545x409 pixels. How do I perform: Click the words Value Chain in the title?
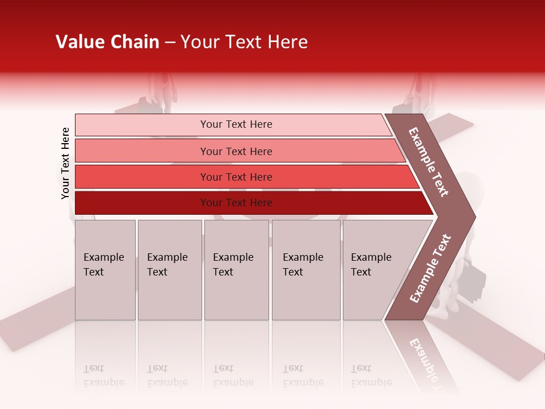click(107, 42)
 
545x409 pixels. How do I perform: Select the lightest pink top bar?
click(142, 124)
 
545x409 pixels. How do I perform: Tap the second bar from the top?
click(142, 151)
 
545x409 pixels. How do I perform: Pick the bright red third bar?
click(142, 177)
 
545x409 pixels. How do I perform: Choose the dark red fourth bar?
click(142, 203)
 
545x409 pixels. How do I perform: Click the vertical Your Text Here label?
click(65, 163)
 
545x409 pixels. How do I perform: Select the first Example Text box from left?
click(105, 270)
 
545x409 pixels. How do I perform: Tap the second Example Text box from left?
click(169, 270)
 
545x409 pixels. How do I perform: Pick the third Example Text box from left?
click(236, 270)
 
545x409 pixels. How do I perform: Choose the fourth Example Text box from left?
click(306, 270)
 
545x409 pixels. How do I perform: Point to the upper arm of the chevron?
click(429, 162)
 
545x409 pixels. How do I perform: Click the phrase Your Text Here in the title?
click(244, 42)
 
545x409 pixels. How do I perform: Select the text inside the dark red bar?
click(236, 203)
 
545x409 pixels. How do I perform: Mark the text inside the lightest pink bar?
click(236, 124)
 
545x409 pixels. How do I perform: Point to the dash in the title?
click(170, 43)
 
